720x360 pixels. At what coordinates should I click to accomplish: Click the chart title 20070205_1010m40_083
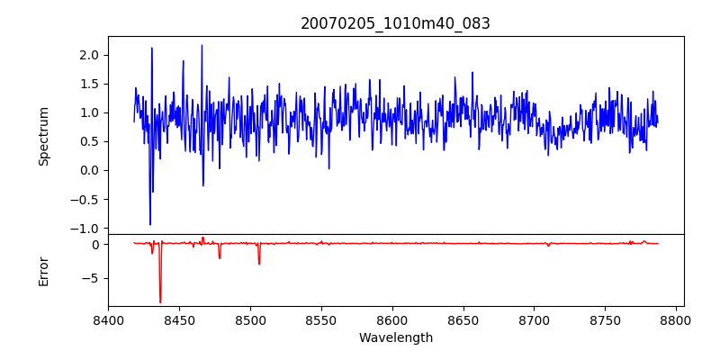coord(395,23)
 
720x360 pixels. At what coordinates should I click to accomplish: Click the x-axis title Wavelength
coord(395,338)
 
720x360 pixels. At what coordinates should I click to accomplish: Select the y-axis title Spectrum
coord(44,136)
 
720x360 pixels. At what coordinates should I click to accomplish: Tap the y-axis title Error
coord(44,271)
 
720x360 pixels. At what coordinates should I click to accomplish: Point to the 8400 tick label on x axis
coord(108,319)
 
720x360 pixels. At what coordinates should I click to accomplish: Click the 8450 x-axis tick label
coord(179,319)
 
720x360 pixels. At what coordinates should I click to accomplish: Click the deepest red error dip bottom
coord(160,302)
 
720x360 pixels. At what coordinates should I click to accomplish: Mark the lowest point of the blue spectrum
coord(150,224)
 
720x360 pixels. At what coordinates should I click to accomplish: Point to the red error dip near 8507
coord(259,264)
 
